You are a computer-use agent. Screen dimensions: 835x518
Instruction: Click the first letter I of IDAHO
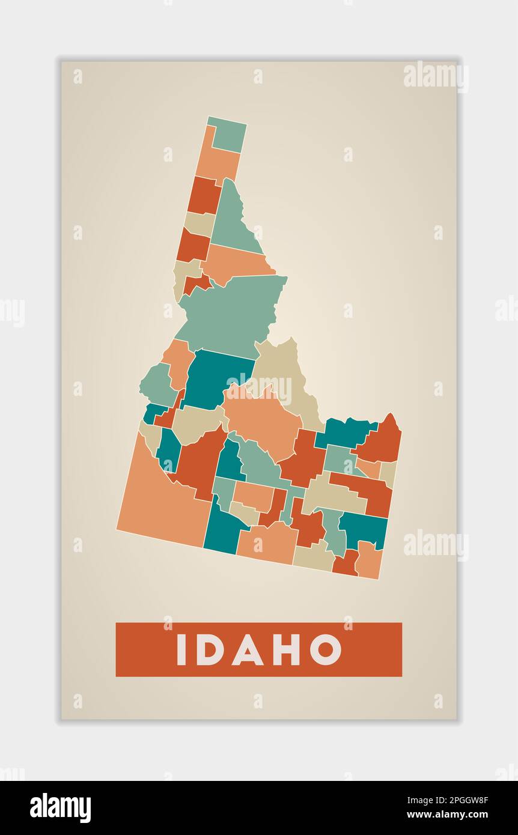pos(181,649)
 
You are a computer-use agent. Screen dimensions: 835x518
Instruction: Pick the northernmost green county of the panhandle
pos(228,135)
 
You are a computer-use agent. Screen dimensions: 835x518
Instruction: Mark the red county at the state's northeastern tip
pos(382,442)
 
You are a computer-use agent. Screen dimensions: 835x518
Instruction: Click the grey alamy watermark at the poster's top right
pos(435,76)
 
